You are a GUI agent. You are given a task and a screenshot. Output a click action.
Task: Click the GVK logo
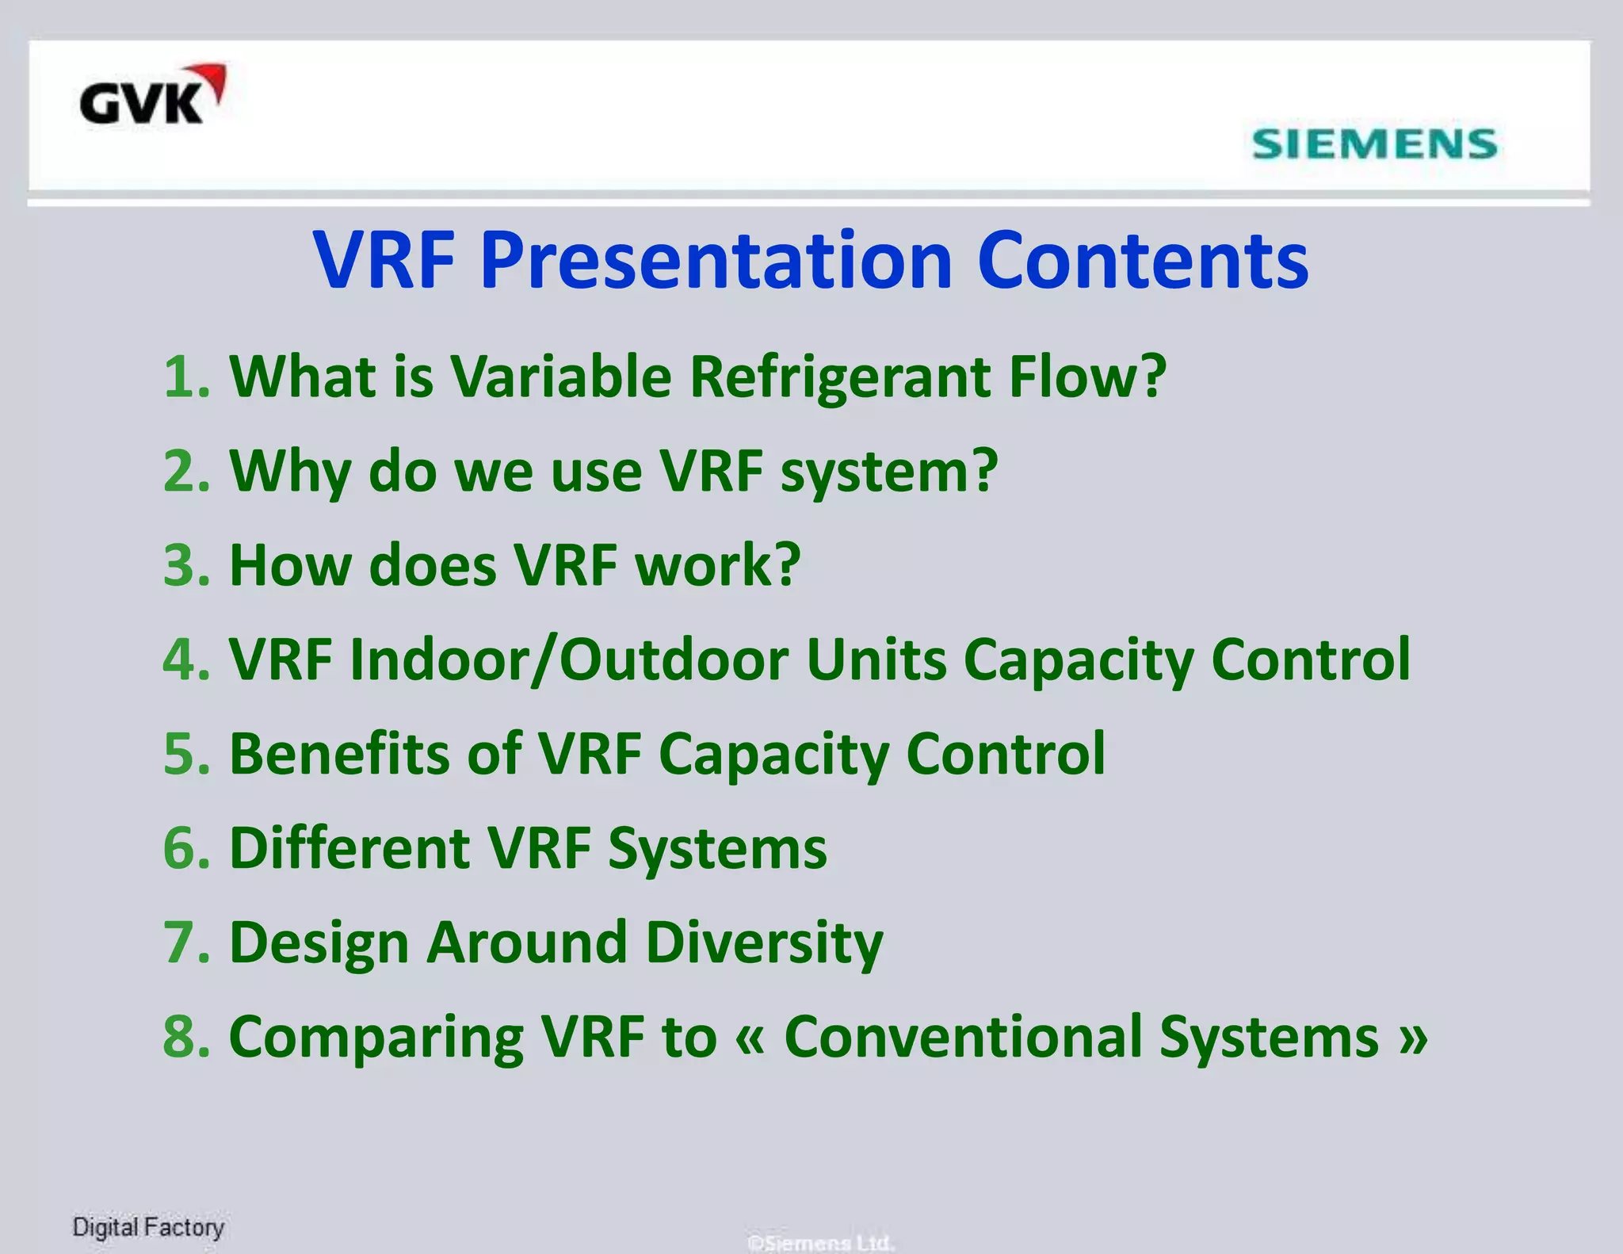click(151, 97)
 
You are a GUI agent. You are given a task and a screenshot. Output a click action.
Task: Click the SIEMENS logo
click(1374, 144)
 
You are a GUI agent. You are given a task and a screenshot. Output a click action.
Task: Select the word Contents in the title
click(1143, 262)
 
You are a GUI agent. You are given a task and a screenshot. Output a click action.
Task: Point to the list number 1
click(186, 377)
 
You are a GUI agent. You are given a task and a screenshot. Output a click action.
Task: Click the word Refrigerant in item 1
click(839, 377)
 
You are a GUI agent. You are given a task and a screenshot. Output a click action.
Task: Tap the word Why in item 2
click(289, 472)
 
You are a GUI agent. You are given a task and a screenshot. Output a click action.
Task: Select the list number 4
click(186, 659)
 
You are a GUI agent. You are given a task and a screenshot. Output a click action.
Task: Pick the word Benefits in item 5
click(339, 754)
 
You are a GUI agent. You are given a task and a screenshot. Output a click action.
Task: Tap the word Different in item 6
click(349, 848)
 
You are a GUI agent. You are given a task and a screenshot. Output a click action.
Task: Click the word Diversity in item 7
click(764, 942)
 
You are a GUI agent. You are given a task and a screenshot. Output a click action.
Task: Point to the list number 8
click(186, 1037)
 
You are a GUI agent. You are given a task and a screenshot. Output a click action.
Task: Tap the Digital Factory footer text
click(148, 1228)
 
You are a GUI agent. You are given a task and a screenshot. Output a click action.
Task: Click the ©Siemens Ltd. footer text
click(821, 1242)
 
